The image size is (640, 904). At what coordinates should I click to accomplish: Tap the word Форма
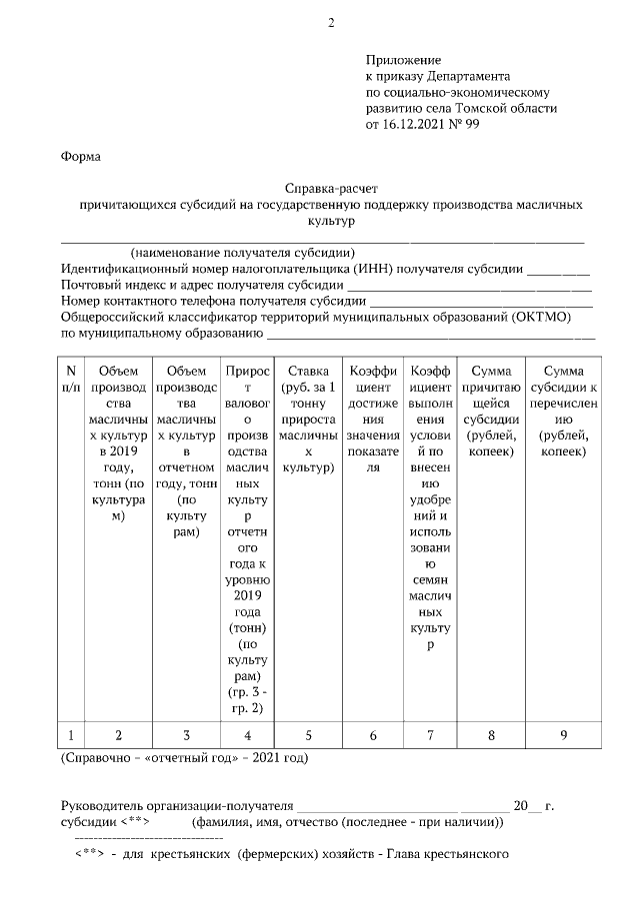pos(81,157)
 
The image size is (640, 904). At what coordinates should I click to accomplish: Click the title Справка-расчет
pos(332,187)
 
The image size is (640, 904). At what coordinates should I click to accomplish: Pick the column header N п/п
pos(71,379)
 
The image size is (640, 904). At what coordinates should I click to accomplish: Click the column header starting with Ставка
pos(308,420)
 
